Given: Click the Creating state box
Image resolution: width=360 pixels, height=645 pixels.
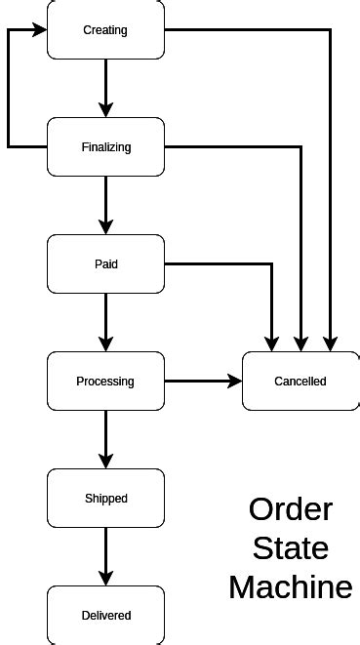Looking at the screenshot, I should point(105,30).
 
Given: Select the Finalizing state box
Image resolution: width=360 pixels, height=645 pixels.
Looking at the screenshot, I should point(105,147).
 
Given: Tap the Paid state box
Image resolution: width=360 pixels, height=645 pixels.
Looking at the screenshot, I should point(105,264).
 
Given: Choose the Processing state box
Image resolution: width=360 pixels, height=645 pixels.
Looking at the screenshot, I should point(105,382).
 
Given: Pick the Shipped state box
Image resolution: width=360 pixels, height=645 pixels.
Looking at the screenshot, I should point(105,499).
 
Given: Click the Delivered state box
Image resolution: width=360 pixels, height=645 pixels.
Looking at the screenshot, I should point(105,616).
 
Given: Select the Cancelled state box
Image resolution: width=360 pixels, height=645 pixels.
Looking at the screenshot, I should point(300,382).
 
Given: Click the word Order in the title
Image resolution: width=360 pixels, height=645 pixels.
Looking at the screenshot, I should point(291,509).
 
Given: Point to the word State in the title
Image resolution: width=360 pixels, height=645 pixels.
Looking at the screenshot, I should point(291,548).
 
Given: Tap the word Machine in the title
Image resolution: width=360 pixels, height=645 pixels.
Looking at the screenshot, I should point(291,587).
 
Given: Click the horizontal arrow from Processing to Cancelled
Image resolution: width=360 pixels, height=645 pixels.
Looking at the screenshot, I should point(203,382).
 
